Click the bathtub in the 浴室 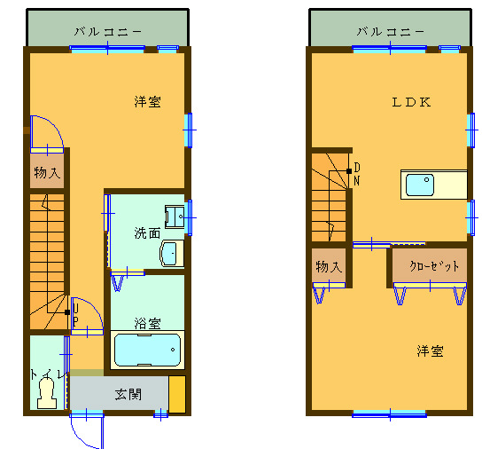[147, 350]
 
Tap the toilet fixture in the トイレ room [47, 394]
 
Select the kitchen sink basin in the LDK [420, 185]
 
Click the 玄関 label [128, 395]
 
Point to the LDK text [411, 102]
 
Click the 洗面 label [147, 233]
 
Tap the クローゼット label [434, 266]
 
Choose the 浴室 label [147, 323]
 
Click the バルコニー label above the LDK [390, 32]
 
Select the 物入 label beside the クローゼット [329, 266]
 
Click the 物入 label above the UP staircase [47, 172]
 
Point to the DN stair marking [357, 174]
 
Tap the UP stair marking [75, 314]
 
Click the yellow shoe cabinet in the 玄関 [177, 394]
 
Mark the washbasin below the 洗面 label [172, 254]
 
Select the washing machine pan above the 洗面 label [175, 217]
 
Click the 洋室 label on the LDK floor [430, 351]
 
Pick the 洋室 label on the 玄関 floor [147, 102]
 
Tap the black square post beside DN [349, 171]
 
